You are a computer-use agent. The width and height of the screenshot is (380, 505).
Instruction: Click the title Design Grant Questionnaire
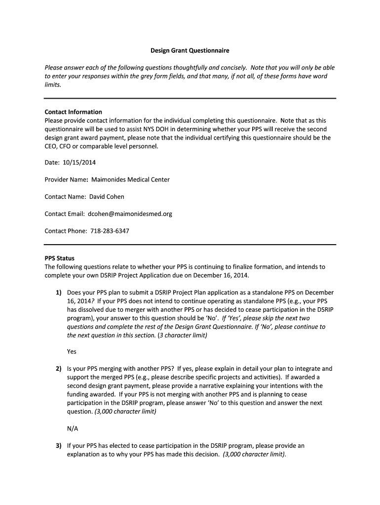[190, 50]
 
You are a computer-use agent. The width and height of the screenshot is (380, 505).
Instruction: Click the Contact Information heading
[73, 112]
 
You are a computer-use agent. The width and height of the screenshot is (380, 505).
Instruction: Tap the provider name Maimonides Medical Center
[130, 180]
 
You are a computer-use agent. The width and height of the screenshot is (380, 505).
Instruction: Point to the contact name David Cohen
[107, 197]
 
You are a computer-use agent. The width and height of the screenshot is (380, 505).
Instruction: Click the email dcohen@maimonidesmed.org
[130, 214]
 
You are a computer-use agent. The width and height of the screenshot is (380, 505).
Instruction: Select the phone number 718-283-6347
[110, 231]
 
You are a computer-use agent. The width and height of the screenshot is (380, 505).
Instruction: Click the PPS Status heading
[59, 258]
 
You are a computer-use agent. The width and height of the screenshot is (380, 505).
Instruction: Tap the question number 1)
[58, 292]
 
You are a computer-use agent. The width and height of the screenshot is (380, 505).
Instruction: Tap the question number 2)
[58, 368]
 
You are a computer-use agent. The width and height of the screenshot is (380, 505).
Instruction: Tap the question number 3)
[58, 445]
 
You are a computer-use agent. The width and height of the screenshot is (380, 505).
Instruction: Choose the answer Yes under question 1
[72, 352]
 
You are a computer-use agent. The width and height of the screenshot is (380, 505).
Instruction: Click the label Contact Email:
[65, 214]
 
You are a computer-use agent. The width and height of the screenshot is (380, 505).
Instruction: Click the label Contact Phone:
[66, 231]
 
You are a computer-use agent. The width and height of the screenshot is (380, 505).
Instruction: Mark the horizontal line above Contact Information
[190, 98]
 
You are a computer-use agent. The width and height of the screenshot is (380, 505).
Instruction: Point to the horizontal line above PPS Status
[190, 245]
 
